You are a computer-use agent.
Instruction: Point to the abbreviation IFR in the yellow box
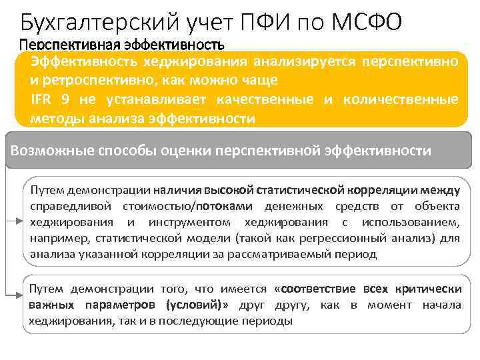pyautogui.click(x=41, y=99)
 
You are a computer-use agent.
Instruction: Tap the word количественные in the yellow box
pyautogui.click(x=399, y=99)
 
